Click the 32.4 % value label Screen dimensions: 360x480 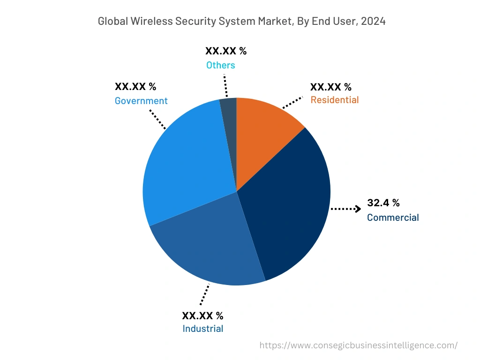(x=383, y=203)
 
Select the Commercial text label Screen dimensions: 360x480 (x=393, y=217)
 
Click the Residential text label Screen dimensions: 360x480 (x=334, y=100)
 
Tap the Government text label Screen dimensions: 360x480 (x=141, y=101)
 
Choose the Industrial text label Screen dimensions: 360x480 (x=202, y=329)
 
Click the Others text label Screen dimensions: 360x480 (x=220, y=65)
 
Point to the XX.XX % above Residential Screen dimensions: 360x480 (x=330, y=87)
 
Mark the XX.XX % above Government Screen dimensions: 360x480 (x=135, y=87)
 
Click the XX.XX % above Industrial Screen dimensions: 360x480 (x=202, y=315)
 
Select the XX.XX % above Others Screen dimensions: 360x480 (x=226, y=51)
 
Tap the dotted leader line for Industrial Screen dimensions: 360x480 (x=204, y=295)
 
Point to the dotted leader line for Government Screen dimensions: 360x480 (x=157, y=119)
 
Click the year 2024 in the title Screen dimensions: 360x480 (x=373, y=21)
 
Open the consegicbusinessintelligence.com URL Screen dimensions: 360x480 (x=358, y=345)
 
